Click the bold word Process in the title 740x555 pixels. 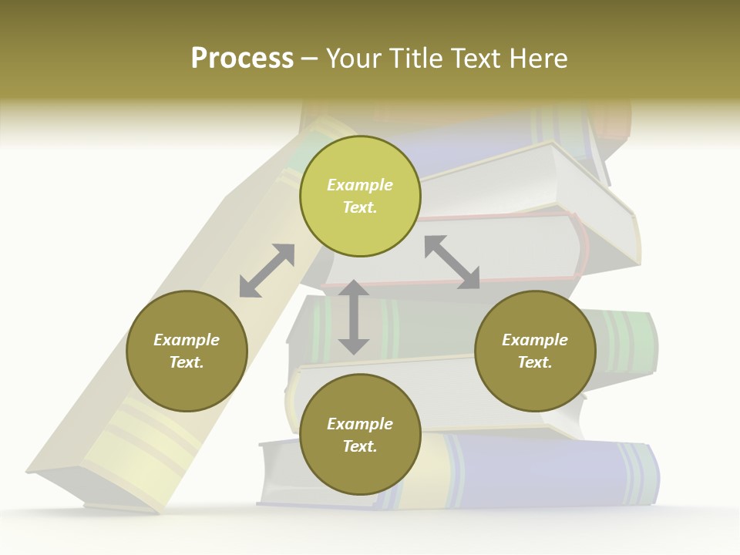242,58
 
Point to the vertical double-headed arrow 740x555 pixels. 354,318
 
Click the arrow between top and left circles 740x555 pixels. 267,271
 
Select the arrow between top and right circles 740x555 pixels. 452,262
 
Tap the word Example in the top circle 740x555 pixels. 360,185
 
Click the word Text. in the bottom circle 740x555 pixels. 360,446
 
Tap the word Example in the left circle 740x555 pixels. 187,340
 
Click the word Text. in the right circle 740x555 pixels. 535,362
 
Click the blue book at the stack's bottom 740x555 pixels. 540,470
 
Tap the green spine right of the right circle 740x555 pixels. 624,339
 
